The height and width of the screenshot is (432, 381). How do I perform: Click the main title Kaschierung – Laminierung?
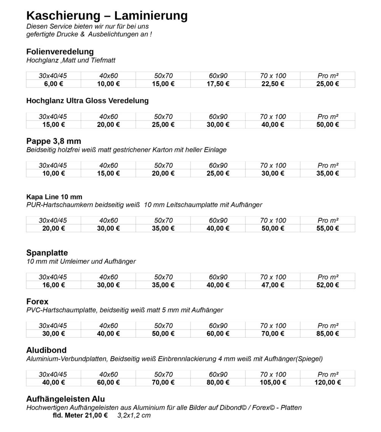point(107,16)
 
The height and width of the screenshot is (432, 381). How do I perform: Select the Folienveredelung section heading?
point(60,52)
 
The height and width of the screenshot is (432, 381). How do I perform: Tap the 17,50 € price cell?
point(218,84)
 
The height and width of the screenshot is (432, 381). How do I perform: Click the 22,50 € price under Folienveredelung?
point(273,84)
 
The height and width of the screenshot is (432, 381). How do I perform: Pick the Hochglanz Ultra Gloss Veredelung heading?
point(87,101)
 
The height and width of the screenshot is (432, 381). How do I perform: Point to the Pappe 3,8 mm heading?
point(54,141)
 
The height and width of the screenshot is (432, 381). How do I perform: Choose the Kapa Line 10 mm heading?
point(54,197)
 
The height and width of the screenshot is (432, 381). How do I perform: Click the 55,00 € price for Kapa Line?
point(327,228)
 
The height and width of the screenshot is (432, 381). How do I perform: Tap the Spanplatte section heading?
point(47,253)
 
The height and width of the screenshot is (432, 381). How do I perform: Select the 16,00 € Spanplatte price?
point(54,285)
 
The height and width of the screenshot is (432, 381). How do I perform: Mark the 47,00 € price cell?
point(273,285)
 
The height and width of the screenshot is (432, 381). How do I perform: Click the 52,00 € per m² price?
point(327,285)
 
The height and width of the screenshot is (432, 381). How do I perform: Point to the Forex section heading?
point(37,302)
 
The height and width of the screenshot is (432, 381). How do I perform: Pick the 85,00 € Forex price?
point(327,334)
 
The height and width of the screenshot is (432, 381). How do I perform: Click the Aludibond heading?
point(46,350)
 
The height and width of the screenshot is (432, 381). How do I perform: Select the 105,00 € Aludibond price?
point(273,382)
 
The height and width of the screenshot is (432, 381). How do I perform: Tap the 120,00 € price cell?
point(327,382)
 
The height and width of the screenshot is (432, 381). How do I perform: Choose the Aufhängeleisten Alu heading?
point(65,399)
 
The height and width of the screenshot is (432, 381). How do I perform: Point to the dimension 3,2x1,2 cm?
point(134,415)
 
